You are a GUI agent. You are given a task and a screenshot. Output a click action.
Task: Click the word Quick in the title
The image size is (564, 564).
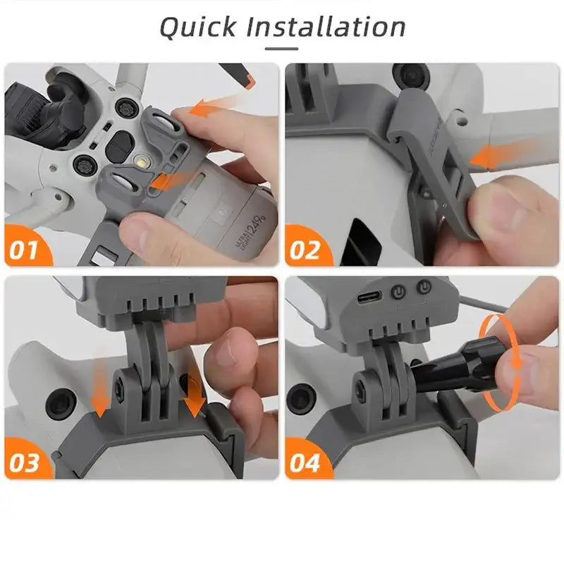coord(197,27)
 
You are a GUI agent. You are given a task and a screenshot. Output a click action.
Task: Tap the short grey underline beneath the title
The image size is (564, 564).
coord(282,49)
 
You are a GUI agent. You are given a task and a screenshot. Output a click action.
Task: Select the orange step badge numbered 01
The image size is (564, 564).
coord(25,249)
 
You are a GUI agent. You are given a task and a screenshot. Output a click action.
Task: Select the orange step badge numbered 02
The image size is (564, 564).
coord(305,249)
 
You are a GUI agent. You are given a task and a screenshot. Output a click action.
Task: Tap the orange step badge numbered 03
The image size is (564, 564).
coord(25,462)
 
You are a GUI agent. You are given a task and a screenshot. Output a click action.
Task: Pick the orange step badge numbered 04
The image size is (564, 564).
coord(305,462)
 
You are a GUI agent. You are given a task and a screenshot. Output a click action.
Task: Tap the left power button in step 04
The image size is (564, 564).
coord(399,290)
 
